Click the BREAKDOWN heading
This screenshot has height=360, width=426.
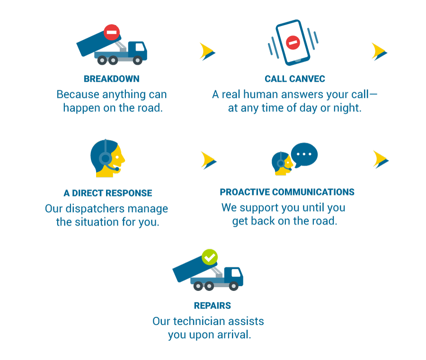111,79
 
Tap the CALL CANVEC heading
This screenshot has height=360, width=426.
295,79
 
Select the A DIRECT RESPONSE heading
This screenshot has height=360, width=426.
108,193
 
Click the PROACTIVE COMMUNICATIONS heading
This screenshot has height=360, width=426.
287,192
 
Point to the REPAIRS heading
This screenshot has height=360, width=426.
212,306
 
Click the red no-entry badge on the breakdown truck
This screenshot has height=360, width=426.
112,32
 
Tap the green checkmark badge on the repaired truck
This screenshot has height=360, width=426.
210,257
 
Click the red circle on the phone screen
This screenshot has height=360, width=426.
293,43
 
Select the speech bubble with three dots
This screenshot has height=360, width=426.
304,155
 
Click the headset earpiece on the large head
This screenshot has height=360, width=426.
106,158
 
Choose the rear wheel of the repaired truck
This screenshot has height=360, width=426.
198,286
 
